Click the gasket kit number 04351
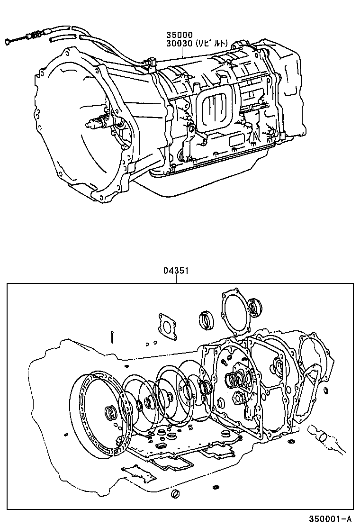(x=176, y=271)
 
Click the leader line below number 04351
(x=176, y=280)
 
